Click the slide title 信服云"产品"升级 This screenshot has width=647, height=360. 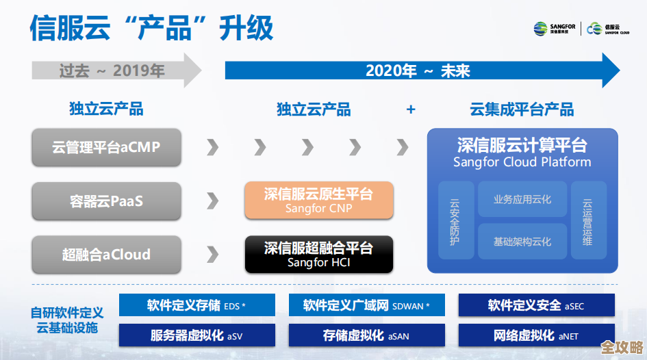click(151, 28)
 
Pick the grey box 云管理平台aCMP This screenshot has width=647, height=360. click(106, 147)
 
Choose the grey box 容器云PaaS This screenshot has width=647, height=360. click(106, 201)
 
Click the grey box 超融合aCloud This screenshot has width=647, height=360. click(106, 255)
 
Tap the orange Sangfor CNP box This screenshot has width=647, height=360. click(319, 201)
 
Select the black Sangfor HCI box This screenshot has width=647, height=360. click(319, 255)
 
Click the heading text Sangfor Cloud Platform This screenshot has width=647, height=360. click(522, 162)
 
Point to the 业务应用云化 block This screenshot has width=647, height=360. click(522, 200)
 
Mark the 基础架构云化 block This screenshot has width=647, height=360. click(522, 242)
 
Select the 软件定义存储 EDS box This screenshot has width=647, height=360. click(196, 305)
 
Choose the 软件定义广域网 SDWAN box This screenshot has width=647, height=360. click(366, 305)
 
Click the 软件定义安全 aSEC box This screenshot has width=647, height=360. click(536, 305)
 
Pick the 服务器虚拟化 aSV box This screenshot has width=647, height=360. click(196, 335)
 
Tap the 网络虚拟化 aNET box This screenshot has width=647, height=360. click(536, 335)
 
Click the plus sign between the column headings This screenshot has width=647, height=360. click(411, 110)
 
